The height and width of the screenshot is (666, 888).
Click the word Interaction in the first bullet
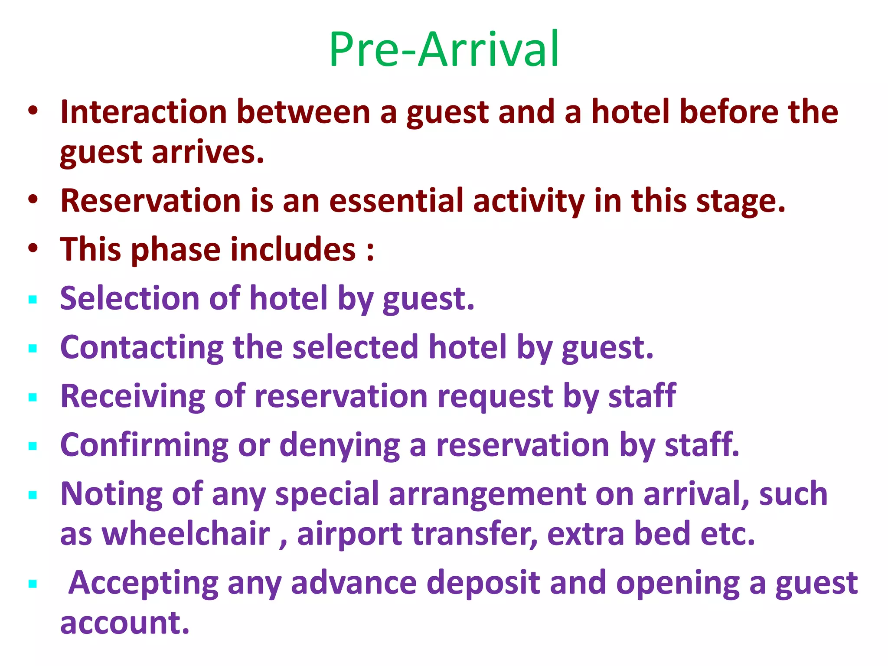pos(144,112)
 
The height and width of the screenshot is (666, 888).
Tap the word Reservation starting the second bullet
pos(150,201)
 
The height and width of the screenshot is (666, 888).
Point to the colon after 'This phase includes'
pos(370,251)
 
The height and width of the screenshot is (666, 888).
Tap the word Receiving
pos(132,396)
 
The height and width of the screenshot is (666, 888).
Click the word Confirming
pos(144,445)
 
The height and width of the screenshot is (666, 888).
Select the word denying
pos(340,445)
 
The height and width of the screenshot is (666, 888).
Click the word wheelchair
pos(186,534)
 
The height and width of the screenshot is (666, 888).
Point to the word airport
pos(349,535)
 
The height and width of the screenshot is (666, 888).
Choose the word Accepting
pos(143,583)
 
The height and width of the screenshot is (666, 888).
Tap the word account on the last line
pos(125,623)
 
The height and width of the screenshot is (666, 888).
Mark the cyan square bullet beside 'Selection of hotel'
pos(33,300)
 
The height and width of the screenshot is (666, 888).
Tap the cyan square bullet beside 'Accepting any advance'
pos(33,584)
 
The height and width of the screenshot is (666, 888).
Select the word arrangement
pos(487,494)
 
